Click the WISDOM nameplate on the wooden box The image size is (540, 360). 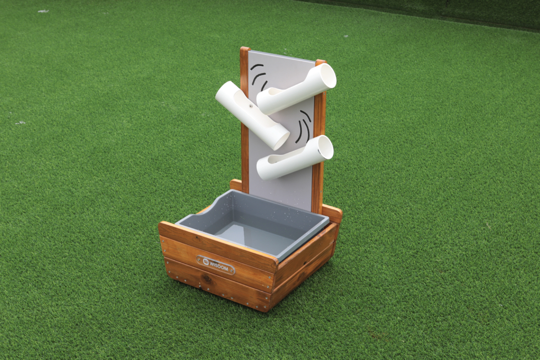point(216,265)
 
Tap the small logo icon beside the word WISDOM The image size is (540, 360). point(206,261)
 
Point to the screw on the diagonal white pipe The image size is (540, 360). point(251,106)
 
